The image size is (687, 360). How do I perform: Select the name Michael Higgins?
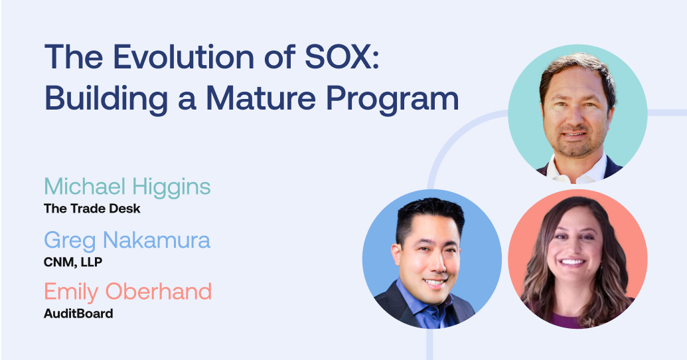pyautogui.click(x=127, y=187)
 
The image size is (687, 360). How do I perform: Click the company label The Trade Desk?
pyautogui.click(x=92, y=208)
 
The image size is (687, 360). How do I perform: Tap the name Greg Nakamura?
pyautogui.click(x=127, y=240)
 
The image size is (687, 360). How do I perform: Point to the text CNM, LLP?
pyautogui.click(x=73, y=261)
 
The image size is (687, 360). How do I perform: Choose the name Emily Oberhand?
pyautogui.click(x=127, y=292)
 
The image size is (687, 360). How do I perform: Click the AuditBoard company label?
pyautogui.click(x=78, y=313)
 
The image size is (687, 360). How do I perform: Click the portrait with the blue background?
pyautogui.click(x=431, y=259)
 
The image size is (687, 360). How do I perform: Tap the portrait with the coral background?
pyautogui.click(x=577, y=259)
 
